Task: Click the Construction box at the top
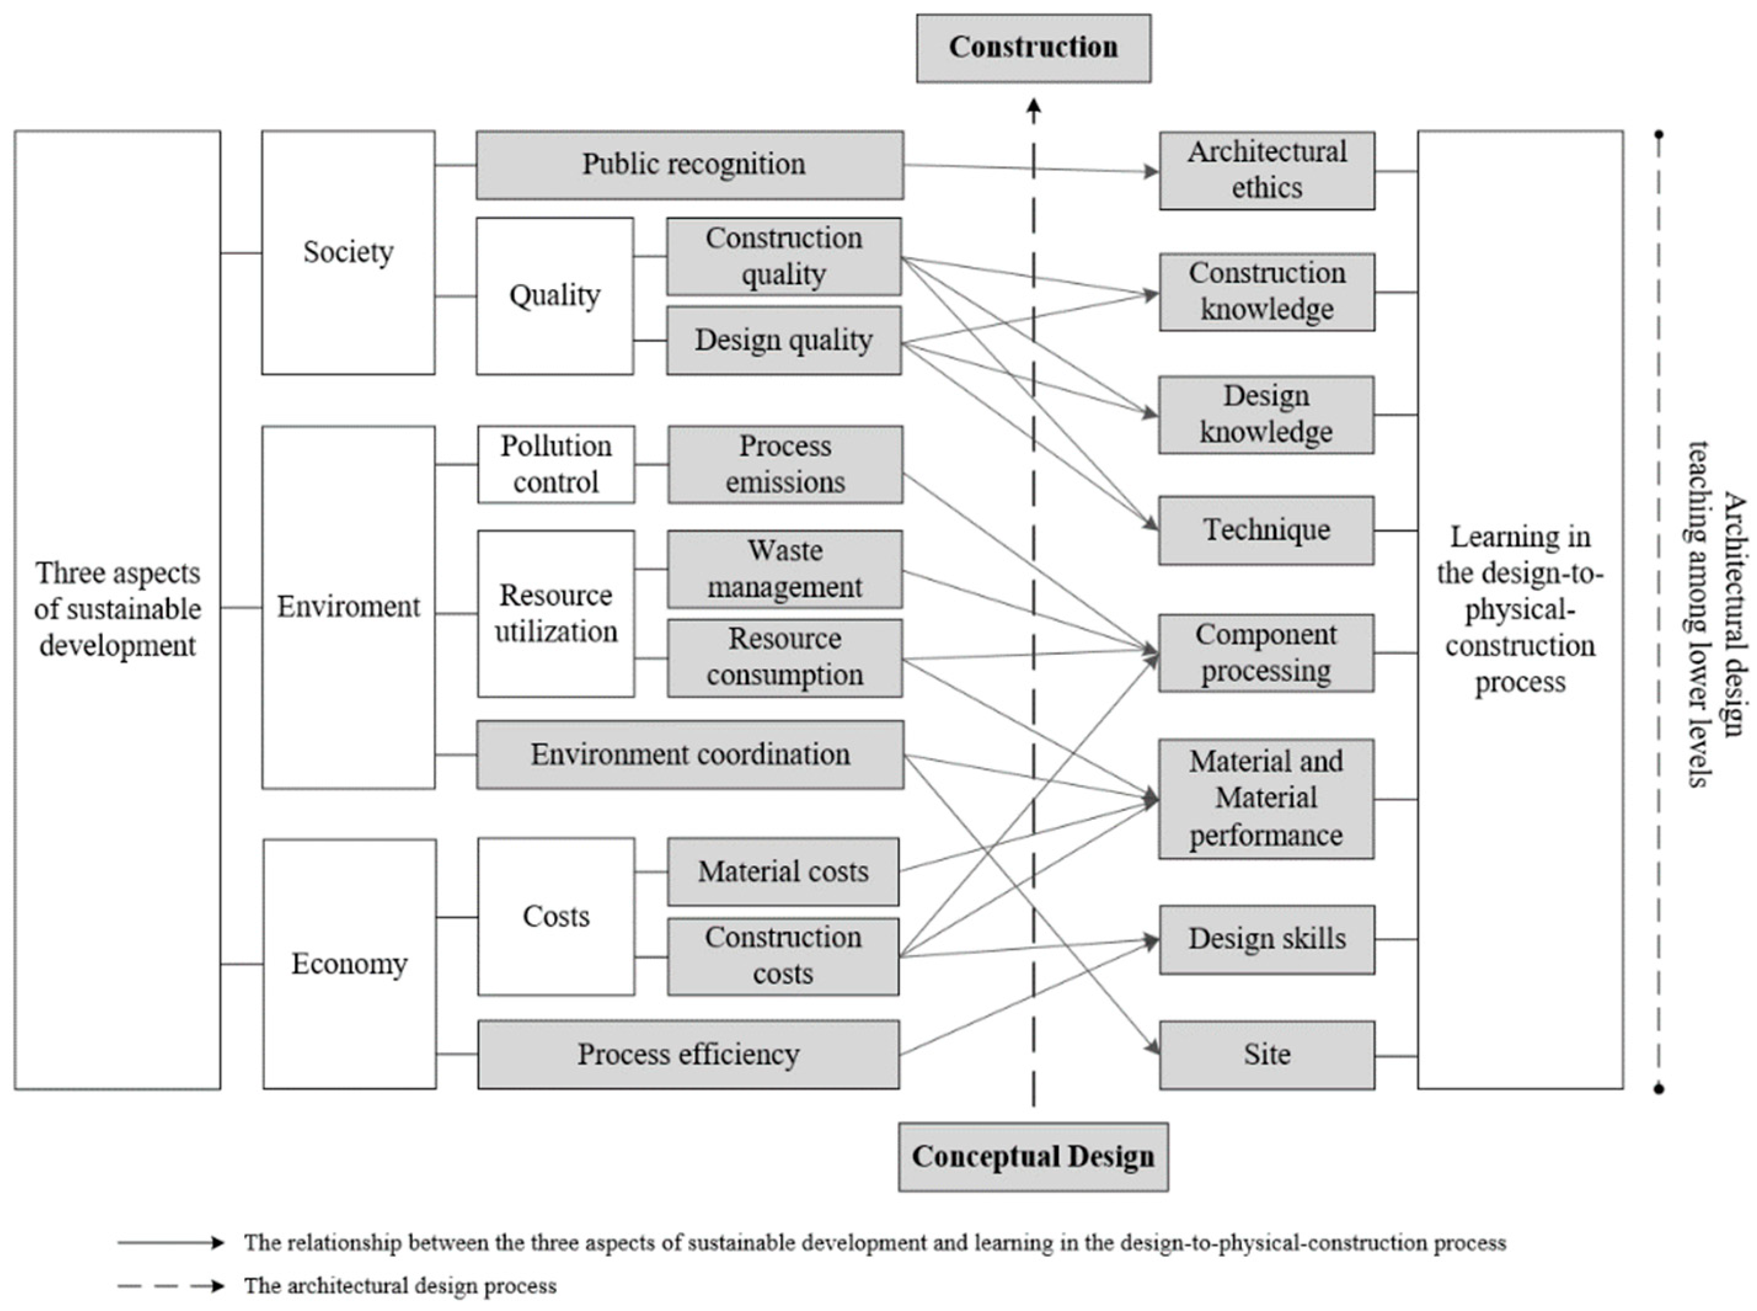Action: click(1033, 47)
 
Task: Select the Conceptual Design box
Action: click(1033, 1156)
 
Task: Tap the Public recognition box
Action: click(689, 165)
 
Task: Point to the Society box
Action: click(347, 252)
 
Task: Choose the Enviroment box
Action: click(347, 607)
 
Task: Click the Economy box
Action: click(349, 964)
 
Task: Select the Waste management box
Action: click(784, 569)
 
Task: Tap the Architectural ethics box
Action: click(1267, 170)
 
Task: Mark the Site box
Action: click(1267, 1055)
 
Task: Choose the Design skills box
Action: click(1267, 939)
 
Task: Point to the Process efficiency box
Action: click(688, 1054)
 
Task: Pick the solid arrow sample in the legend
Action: click(170, 1243)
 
